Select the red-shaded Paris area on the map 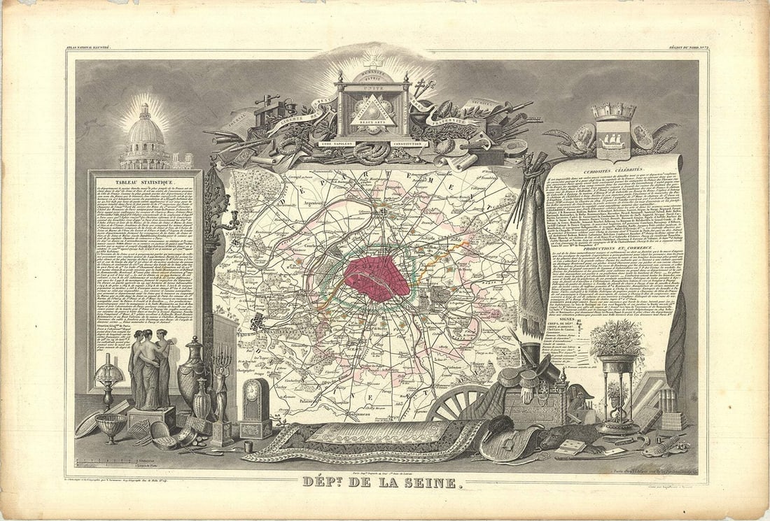[x=377, y=277]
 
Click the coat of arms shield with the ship [x=614, y=139]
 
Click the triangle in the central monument [x=373, y=110]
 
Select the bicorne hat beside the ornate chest [x=580, y=396]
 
